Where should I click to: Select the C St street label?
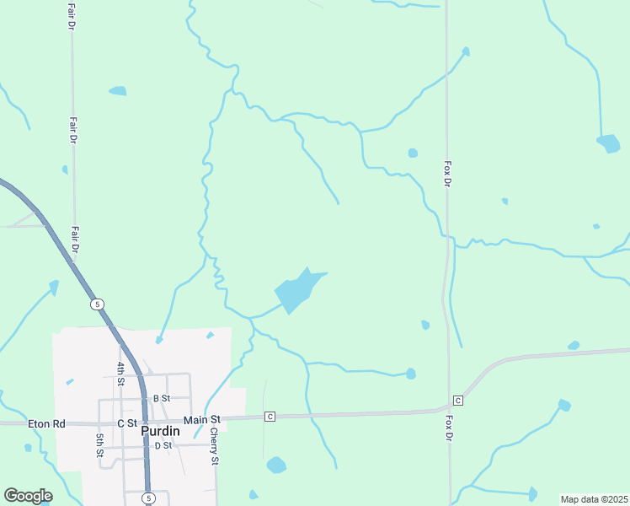coord(127,423)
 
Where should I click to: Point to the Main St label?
coord(202,419)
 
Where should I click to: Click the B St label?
coord(162,398)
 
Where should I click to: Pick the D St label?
coord(163,444)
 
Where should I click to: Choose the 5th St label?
coord(99,444)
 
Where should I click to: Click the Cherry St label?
coord(215,447)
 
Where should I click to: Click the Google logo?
coord(28,496)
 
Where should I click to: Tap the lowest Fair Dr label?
coord(75,240)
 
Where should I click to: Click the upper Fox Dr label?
coord(447,175)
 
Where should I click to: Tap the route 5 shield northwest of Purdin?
coord(98,304)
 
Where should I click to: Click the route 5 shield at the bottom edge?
coord(147,498)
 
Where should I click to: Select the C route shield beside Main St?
coord(270,417)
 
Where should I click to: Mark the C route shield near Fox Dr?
coord(458,400)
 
